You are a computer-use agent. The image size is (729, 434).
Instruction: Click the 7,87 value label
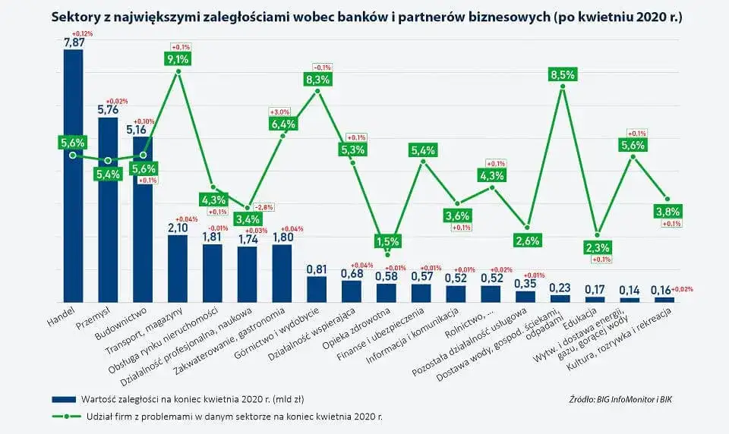(73, 43)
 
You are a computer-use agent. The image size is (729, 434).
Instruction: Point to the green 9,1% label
(178, 58)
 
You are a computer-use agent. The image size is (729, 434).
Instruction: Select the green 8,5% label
(562, 74)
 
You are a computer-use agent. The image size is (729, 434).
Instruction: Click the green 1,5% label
(387, 241)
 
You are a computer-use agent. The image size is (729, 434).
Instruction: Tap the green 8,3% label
(317, 78)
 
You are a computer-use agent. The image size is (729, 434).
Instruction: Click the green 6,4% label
(282, 124)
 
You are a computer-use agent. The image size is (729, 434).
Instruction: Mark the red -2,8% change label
(264, 206)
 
